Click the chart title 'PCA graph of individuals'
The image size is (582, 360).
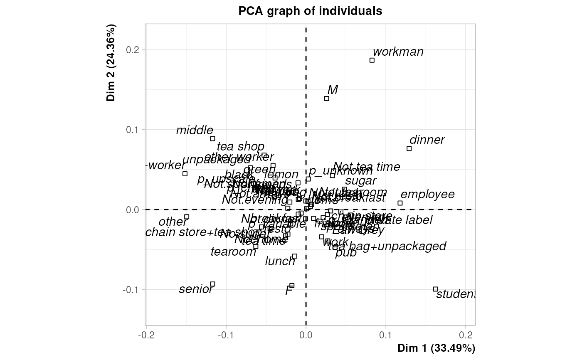310,11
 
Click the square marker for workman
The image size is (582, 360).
372,60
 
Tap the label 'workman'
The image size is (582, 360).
398,52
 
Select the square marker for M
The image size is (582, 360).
327,99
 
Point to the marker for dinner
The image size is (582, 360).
409,148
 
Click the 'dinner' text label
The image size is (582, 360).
427,140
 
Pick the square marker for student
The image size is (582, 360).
436,289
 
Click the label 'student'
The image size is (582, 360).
455,294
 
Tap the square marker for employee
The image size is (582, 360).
400,203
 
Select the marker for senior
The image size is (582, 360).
212,284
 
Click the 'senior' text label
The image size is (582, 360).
196,289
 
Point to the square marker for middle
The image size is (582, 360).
212,138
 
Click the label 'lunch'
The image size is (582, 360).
280,261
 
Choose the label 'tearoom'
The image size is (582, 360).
233,252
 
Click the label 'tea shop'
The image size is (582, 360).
240,147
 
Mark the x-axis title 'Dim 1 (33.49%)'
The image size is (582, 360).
436,348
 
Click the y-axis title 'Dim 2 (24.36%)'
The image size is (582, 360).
111,63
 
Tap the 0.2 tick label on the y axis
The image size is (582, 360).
133,50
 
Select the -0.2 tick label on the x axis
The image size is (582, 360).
144,335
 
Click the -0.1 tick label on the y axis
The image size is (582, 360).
132,289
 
